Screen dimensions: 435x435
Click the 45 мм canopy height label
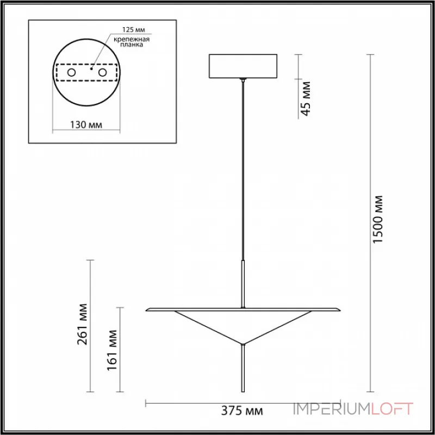tap(306, 98)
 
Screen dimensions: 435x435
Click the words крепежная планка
tap(133, 42)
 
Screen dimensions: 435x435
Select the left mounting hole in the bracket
tap(71, 72)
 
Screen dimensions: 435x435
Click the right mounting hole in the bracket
tap(102, 72)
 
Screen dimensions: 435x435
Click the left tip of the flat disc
tap(148, 310)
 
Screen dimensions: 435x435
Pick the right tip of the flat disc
tap(338, 310)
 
